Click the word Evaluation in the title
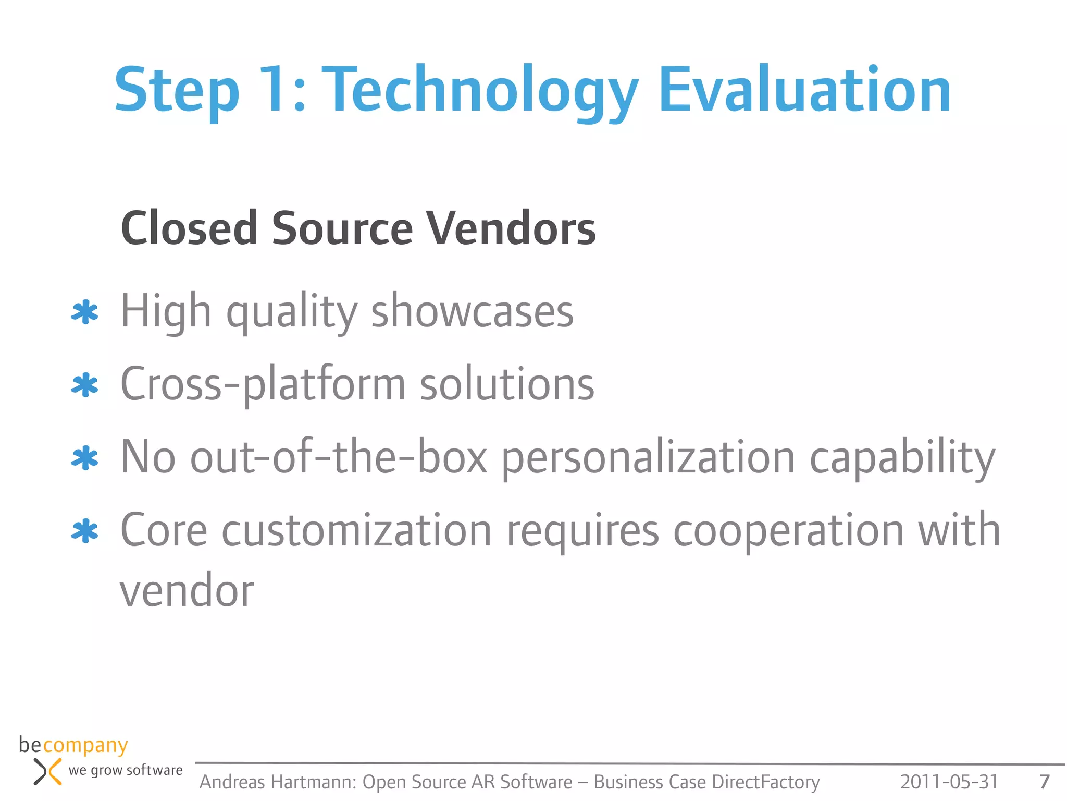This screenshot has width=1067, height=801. tap(805, 90)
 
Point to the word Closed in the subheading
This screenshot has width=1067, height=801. tap(190, 228)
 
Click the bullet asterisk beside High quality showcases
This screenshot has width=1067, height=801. tap(84, 313)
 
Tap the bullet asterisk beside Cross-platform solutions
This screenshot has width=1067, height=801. tap(84, 386)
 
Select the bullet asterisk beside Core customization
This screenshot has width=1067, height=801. tap(84, 532)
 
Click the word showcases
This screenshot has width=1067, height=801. tap(472, 311)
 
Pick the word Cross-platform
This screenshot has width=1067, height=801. tap(263, 385)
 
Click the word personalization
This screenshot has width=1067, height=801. tap(648, 458)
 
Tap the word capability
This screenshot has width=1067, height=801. tap(902, 458)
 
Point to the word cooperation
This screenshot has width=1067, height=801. tap(788, 530)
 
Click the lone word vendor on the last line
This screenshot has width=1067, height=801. tap(187, 592)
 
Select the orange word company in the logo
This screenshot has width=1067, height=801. tap(85, 746)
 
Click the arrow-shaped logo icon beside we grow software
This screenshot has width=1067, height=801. tap(47, 772)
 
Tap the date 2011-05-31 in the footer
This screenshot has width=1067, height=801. tap(949, 782)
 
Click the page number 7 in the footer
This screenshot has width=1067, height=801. tap(1044, 782)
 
